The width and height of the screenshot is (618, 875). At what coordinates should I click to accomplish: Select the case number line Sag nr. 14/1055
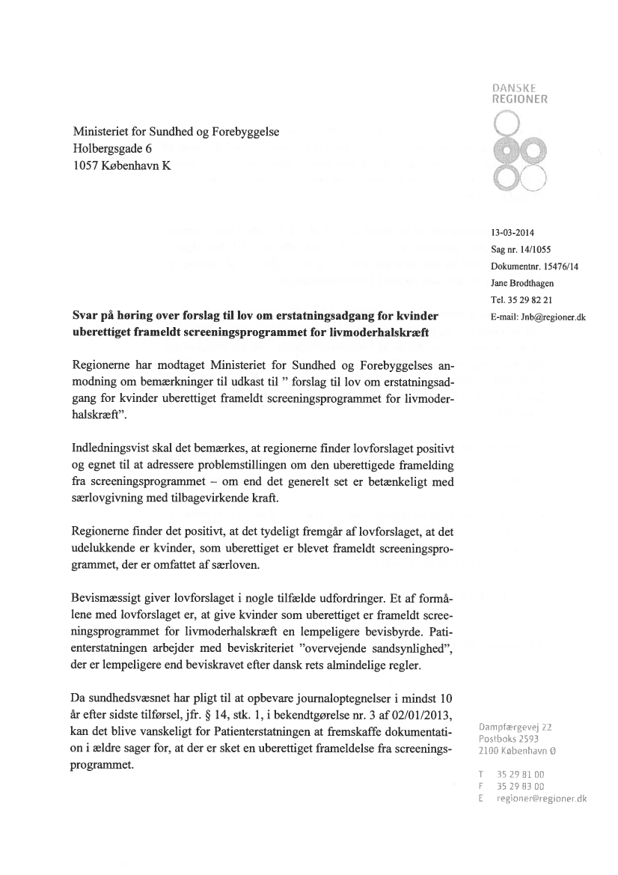pyautogui.click(x=521, y=249)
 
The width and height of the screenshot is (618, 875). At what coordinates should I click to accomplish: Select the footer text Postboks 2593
pyautogui.click(x=513, y=739)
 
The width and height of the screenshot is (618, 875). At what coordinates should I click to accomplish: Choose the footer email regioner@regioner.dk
pyautogui.click(x=542, y=799)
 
